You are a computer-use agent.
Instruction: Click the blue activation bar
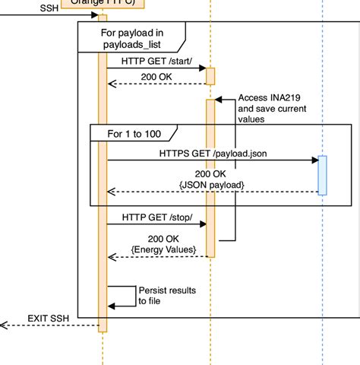point(322,175)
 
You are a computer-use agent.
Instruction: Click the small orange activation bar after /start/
point(210,76)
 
